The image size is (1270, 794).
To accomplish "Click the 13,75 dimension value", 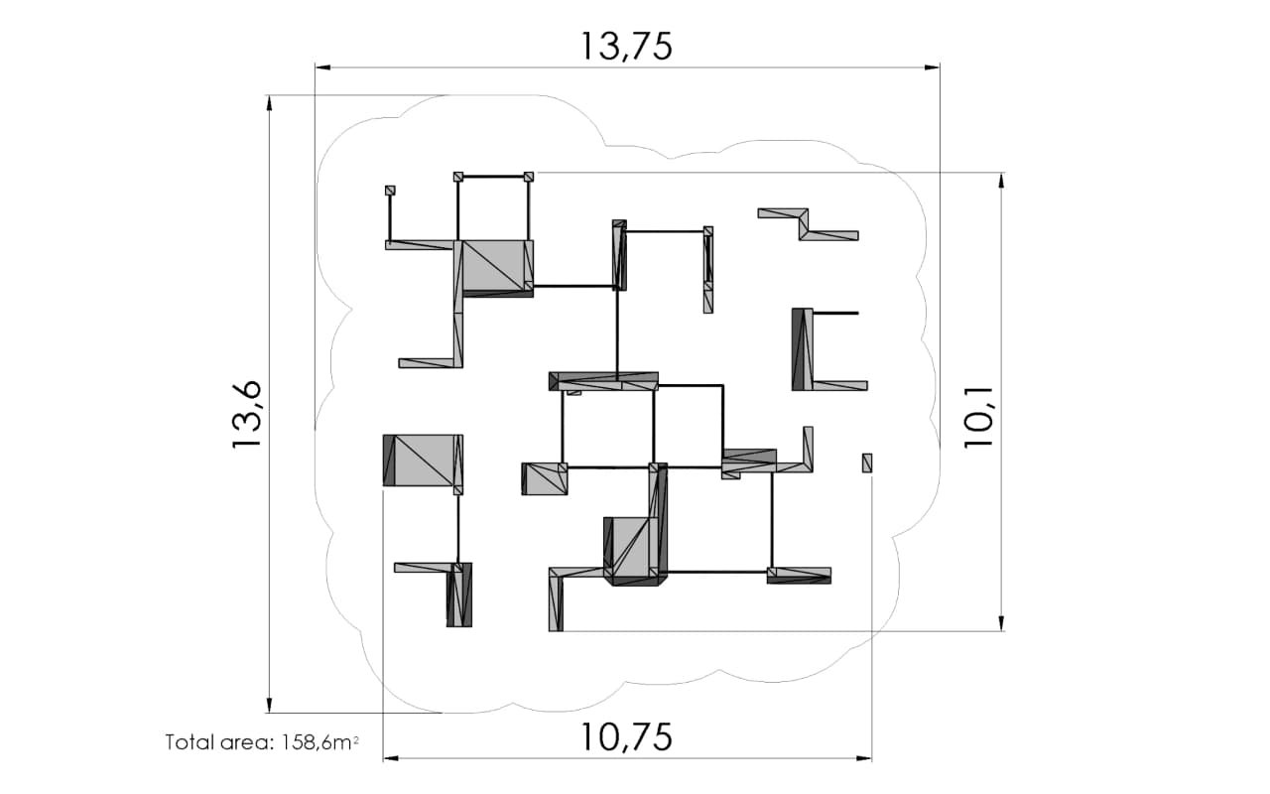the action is pos(626,47).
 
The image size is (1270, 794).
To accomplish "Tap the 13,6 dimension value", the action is pos(248,414).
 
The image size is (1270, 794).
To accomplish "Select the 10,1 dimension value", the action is pos(979,418).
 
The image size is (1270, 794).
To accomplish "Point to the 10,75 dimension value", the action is pos(626,737).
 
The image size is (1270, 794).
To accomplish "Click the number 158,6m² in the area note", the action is pos(319,742).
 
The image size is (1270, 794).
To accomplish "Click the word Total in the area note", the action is pos(189,741).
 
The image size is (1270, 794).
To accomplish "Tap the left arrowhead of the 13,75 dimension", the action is pos(323,67).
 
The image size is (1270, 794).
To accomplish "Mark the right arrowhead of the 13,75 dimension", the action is pos(932,67).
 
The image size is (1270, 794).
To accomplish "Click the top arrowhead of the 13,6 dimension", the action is pos(269,102).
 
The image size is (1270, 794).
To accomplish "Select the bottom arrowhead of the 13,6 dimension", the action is pos(269,705).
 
